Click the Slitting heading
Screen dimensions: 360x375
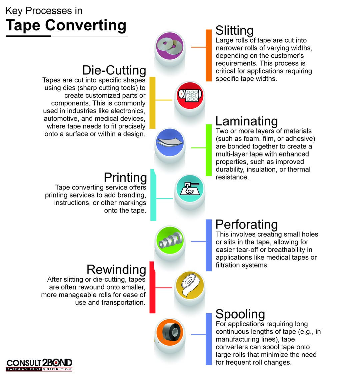click(234, 30)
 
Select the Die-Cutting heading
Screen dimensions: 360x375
click(114, 70)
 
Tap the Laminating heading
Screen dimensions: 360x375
click(247, 121)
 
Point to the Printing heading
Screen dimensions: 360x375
click(125, 178)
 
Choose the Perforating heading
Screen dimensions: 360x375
click(247, 225)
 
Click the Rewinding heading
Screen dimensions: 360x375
click(116, 270)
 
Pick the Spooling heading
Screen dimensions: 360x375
click(240, 314)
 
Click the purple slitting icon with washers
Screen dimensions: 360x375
click(170, 46)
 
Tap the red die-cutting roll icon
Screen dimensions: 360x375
click(190, 95)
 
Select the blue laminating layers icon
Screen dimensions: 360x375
click(170, 142)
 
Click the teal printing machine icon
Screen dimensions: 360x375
click(190, 189)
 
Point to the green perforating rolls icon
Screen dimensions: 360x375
click(170, 240)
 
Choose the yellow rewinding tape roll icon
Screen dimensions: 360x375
click(190, 285)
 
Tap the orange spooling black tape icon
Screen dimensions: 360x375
click(170, 332)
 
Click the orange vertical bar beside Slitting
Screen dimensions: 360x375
click(209, 55)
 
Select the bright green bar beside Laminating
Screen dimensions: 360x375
click(209, 150)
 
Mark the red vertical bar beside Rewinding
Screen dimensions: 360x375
click(152, 288)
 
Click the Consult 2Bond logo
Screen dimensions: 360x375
click(39, 365)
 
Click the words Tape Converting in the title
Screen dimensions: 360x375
click(66, 25)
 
